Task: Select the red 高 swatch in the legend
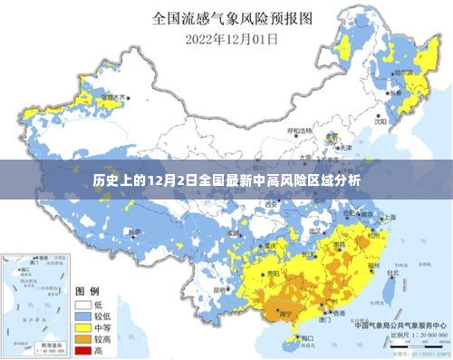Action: point(83,349)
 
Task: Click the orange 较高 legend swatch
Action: point(83,338)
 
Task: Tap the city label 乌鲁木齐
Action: point(115,95)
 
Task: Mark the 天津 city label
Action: point(345,148)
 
